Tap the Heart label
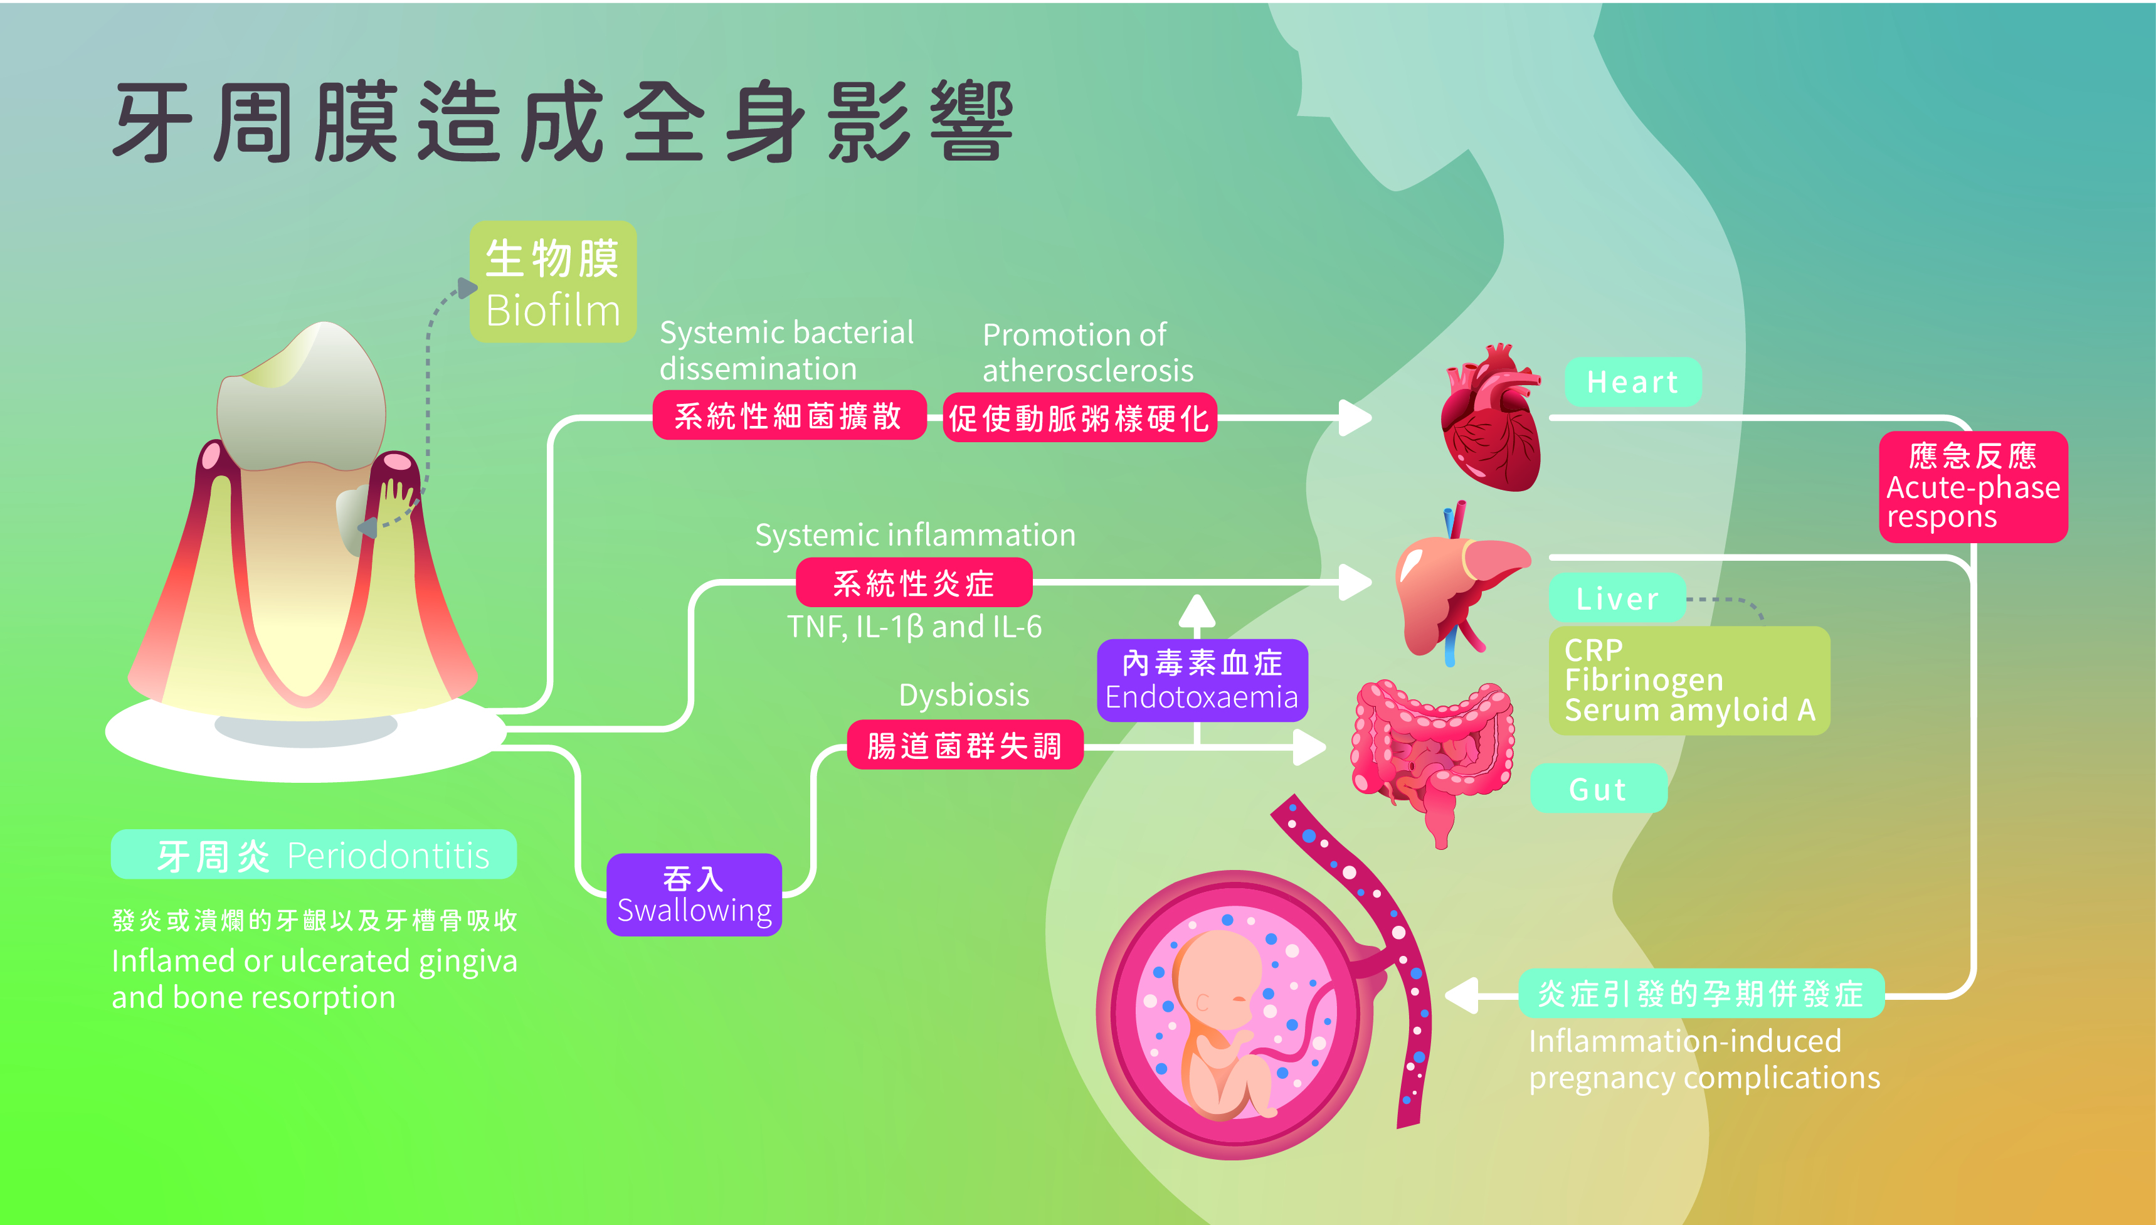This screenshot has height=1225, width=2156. (x=1632, y=382)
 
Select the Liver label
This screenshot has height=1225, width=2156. (x=1617, y=598)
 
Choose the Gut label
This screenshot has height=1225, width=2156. (x=1597, y=789)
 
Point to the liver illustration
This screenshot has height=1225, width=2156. (x=1456, y=589)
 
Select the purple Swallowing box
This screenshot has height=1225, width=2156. (x=694, y=895)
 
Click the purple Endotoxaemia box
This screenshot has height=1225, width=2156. (x=1202, y=680)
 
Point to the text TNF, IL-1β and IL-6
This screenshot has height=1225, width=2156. (x=914, y=627)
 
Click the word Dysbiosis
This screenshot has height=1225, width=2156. (x=964, y=695)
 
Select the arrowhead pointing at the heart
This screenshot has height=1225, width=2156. (x=1355, y=417)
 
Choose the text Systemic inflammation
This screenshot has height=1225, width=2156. (x=915, y=535)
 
